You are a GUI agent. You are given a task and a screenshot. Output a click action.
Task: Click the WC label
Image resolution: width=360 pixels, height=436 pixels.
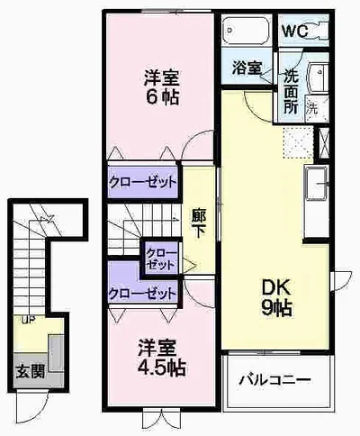[x=295, y=31]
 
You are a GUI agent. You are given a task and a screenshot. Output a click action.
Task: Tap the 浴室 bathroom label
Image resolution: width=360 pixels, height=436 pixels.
[x=247, y=68]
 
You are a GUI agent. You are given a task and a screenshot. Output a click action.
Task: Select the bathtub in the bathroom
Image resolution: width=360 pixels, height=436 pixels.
[x=247, y=31]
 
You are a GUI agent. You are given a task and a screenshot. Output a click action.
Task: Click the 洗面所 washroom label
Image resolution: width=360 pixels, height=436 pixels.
[x=291, y=92]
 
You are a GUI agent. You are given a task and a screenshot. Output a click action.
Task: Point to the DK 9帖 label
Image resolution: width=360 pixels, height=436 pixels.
[x=276, y=297]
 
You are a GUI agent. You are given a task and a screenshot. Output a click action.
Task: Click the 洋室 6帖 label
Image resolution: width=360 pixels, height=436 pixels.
[x=162, y=87]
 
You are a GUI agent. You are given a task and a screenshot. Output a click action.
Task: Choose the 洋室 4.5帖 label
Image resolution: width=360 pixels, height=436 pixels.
[x=162, y=358]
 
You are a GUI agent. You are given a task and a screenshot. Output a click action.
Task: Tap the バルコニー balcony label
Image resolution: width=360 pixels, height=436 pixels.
[x=274, y=380]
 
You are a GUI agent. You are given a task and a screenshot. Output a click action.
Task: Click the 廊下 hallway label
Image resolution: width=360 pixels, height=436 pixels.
[x=198, y=223]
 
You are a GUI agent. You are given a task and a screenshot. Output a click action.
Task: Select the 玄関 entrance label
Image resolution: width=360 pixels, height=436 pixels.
[x=31, y=372]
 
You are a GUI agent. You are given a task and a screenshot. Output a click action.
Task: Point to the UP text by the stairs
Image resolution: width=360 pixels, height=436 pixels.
[x=29, y=320]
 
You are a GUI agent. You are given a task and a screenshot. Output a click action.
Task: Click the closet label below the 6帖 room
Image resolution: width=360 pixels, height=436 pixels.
[x=142, y=182]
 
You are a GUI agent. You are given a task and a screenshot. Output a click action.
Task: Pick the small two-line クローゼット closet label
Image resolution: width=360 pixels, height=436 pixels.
[x=160, y=259]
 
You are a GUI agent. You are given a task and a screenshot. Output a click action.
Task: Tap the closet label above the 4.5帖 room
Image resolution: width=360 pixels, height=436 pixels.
[x=142, y=294]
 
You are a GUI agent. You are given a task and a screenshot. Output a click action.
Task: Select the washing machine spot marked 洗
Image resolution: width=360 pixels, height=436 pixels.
[x=312, y=108]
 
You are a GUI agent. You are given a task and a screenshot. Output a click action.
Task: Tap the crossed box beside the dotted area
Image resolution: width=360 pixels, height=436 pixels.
[x=323, y=143]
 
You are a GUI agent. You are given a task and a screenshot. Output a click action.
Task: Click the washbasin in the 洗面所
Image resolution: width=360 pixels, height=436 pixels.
[x=318, y=77]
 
